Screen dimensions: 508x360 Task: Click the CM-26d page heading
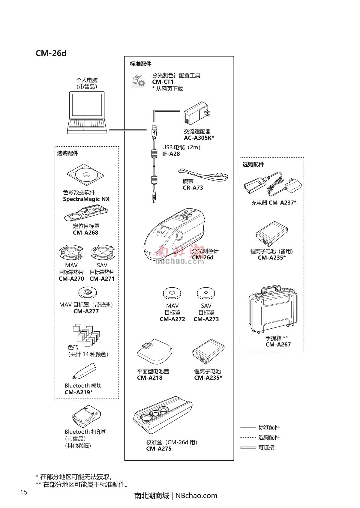pyautogui.click(x=51, y=53)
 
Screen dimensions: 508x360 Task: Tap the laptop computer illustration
pyautogui.click(x=87, y=112)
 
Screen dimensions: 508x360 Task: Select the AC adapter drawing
pyautogui.click(x=197, y=114)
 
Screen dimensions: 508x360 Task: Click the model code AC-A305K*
pyautogui.click(x=199, y=138)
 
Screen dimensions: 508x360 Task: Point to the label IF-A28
pyautogui.click(x=171, y=154)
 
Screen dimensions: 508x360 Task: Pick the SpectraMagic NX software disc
pyautogui.click(x=85, y=175)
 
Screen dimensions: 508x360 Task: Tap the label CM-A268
pyautogui.click(x=85, y=233)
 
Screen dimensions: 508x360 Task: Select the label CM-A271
pyautogui.click(x=102, y=279)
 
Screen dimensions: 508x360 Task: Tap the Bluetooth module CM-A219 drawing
pyautogui.click(x=85, y=371)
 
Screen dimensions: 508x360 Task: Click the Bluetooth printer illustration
pyautogui.click(x=86, y=417)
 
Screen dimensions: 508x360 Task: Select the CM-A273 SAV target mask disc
pyautogui.click(x=206, y=293)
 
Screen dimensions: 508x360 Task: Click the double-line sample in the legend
pyautogui.click(x=248, y=447)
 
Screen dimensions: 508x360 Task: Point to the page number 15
pyautogui.click(x=24, y=492)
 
